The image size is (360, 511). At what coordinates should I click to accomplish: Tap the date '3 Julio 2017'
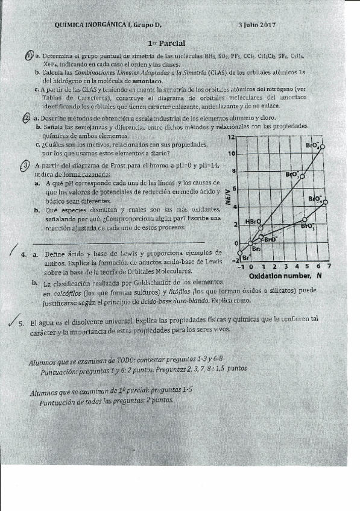pos(256,25)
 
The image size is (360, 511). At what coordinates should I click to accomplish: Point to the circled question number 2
pos(25,118)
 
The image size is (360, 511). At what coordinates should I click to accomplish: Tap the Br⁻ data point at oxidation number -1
pos(240,252)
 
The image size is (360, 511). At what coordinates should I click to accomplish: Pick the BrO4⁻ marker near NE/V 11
pos(322,146)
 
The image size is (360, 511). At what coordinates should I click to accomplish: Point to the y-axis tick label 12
pos(230,137)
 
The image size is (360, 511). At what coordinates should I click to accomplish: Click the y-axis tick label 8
pos(233,172)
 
